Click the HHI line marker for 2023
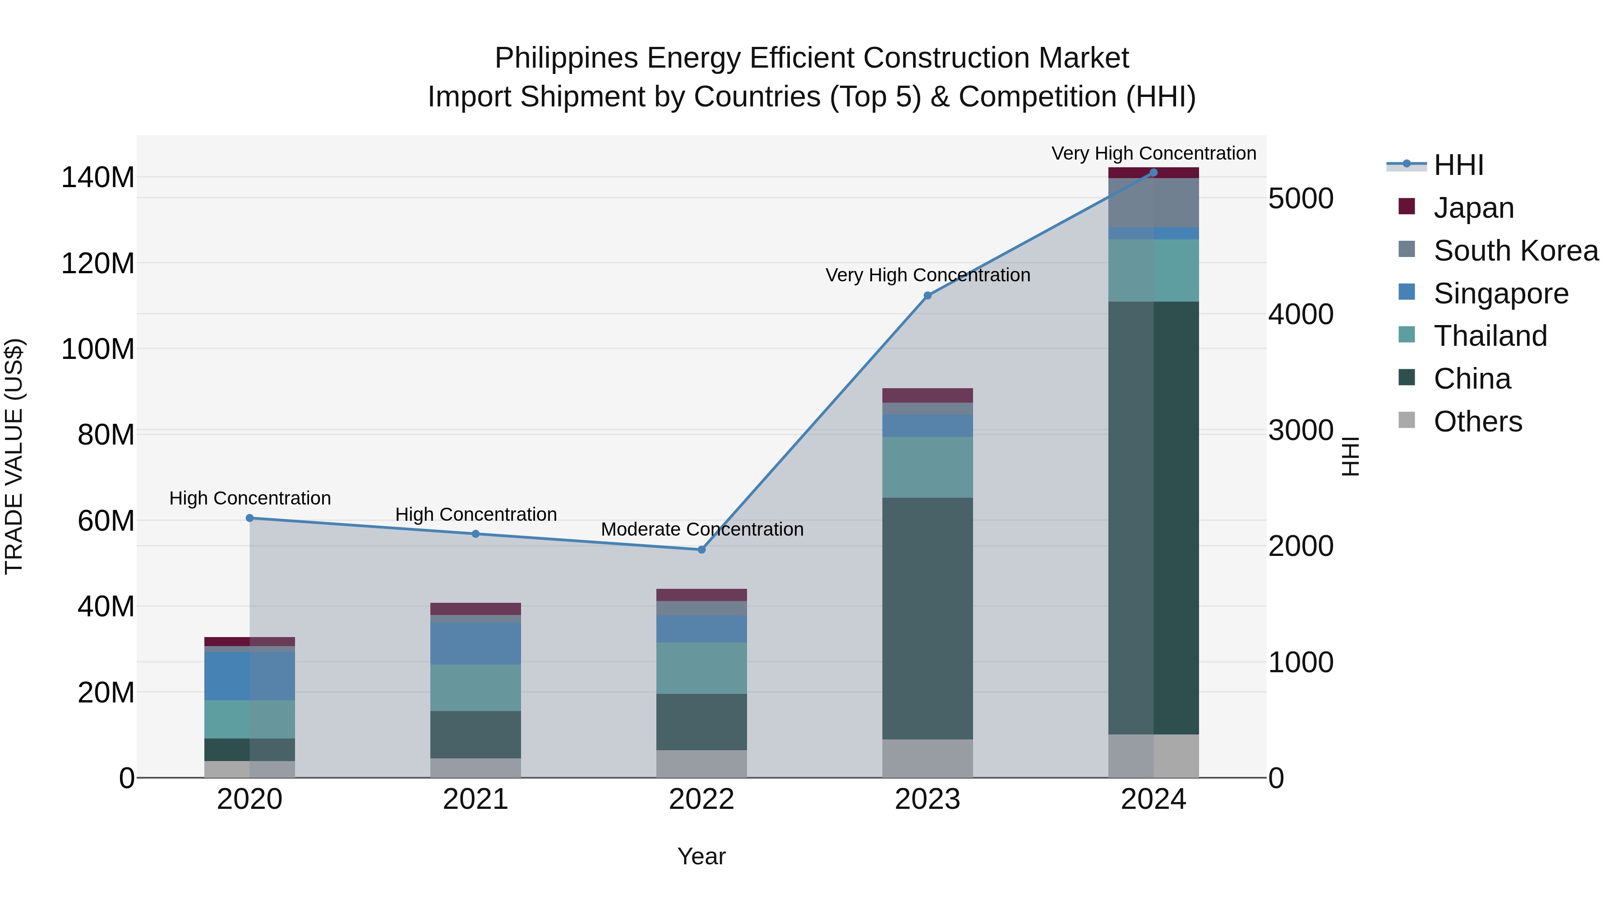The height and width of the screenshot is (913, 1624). (x=927, y=295)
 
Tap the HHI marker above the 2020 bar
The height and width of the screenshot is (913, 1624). (x=249, y=518)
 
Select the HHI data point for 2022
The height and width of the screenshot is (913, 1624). (x=701, y=550)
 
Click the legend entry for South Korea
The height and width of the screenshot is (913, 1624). (x=1516, y=251)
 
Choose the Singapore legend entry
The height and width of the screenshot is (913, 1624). (x=1500, y=294)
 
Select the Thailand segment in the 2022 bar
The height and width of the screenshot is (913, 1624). (x=701, y=668)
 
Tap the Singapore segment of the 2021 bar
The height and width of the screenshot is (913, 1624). (x=475, y=643)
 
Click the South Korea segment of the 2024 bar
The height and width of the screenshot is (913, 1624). (x=1153, y=203)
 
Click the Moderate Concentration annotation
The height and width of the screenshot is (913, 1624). (x=701, y=529)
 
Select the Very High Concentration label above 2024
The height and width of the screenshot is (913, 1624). (x=1153, y=153)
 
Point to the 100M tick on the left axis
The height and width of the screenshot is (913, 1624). (x=98, y=349)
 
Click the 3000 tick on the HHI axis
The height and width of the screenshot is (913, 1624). (x=1301, y=431)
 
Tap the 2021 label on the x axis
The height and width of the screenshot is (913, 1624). (x=475, y=799)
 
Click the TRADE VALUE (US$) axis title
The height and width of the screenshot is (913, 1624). (x=14, y=456)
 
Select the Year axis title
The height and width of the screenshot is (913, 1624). (x=701, y=856)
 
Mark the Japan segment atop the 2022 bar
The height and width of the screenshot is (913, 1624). (x=701, y=595)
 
